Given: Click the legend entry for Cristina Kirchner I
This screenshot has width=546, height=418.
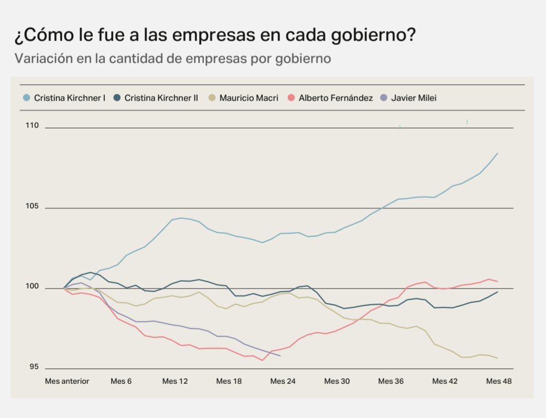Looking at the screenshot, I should pos(69,98).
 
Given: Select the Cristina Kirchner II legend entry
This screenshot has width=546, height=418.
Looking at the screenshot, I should pos(161,98).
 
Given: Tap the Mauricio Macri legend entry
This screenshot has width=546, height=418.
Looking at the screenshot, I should pos(248,98).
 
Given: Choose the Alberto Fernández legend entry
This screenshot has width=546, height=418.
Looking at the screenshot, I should pos(335,98).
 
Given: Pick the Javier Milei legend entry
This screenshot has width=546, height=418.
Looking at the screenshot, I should pos(413,98).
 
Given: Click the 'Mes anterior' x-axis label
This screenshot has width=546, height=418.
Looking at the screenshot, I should pos(67,381).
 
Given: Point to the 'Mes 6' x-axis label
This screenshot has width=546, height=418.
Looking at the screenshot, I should pos(121,381).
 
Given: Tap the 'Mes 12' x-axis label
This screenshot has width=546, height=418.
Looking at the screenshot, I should pos(175,381).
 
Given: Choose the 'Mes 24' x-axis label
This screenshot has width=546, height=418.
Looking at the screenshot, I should pos(282,381).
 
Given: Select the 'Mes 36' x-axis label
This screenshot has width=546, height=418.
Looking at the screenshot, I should pos(391,381).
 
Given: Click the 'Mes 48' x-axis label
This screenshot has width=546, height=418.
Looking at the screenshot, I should pos(499,381).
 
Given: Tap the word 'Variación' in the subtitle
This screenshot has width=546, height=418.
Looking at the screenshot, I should pos(42,58).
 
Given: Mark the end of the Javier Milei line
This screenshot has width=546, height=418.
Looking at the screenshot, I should pos(280,356).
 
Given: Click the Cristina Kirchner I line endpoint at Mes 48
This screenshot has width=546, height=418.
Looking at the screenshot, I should pos(498,153).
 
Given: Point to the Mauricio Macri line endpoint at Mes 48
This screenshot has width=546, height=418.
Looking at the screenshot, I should pos(498,359).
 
